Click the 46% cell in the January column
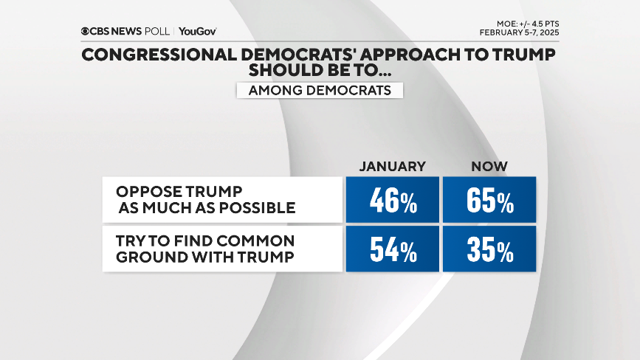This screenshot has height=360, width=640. tap(392, 200)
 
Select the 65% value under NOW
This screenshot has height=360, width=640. tap(489, 200)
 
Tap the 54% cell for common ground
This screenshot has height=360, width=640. tap(392, 249)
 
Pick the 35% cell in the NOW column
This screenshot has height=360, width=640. tap(489, 249)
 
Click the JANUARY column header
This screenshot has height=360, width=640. tap(392, 167)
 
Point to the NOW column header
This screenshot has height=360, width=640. tap(489, 167)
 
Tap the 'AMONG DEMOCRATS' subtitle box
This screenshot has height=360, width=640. tap(320, 90)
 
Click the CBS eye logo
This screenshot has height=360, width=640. tap(86, 31)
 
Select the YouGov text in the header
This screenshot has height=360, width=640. tap(197, 31)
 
